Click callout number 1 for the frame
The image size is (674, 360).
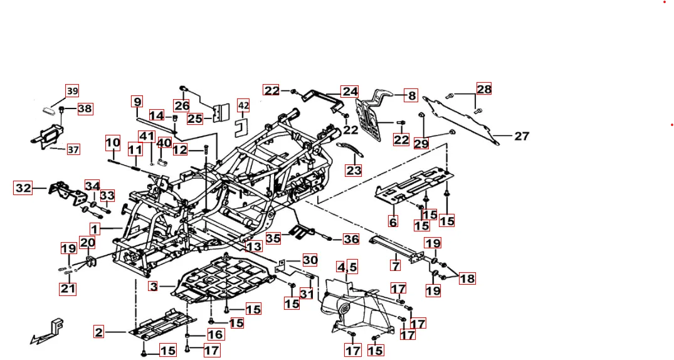(x=95, y=229)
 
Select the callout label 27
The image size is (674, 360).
(x=522, y=135)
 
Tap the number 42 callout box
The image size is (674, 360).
(x=243, y=105)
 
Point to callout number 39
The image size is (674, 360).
(x=72, y=91)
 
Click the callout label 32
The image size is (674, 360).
(x=23, y=188)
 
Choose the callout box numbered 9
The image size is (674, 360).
(x=137, y=101)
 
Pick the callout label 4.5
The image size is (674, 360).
(x=347, y=267)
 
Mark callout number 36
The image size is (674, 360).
(x=350, y=239)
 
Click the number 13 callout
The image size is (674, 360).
(x=253, y=246)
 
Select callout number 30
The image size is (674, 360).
(x=310, y=260)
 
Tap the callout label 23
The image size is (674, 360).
(x=354, y=170)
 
